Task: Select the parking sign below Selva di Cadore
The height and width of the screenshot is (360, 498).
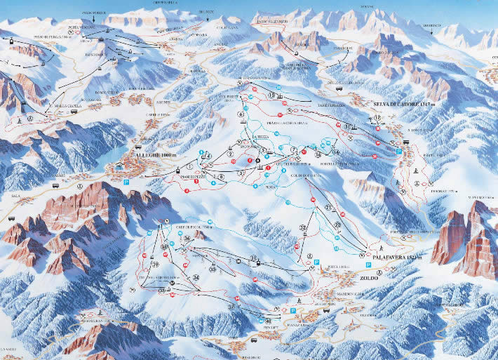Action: click(x=399, y=151)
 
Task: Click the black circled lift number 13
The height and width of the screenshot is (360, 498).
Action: click(x=271, y=94)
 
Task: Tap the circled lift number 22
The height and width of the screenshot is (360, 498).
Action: click(x=302, y=228)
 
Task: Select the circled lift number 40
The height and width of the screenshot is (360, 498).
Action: click(x=268, y=322)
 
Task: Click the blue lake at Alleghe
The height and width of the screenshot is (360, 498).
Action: click(x=107, y=168)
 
